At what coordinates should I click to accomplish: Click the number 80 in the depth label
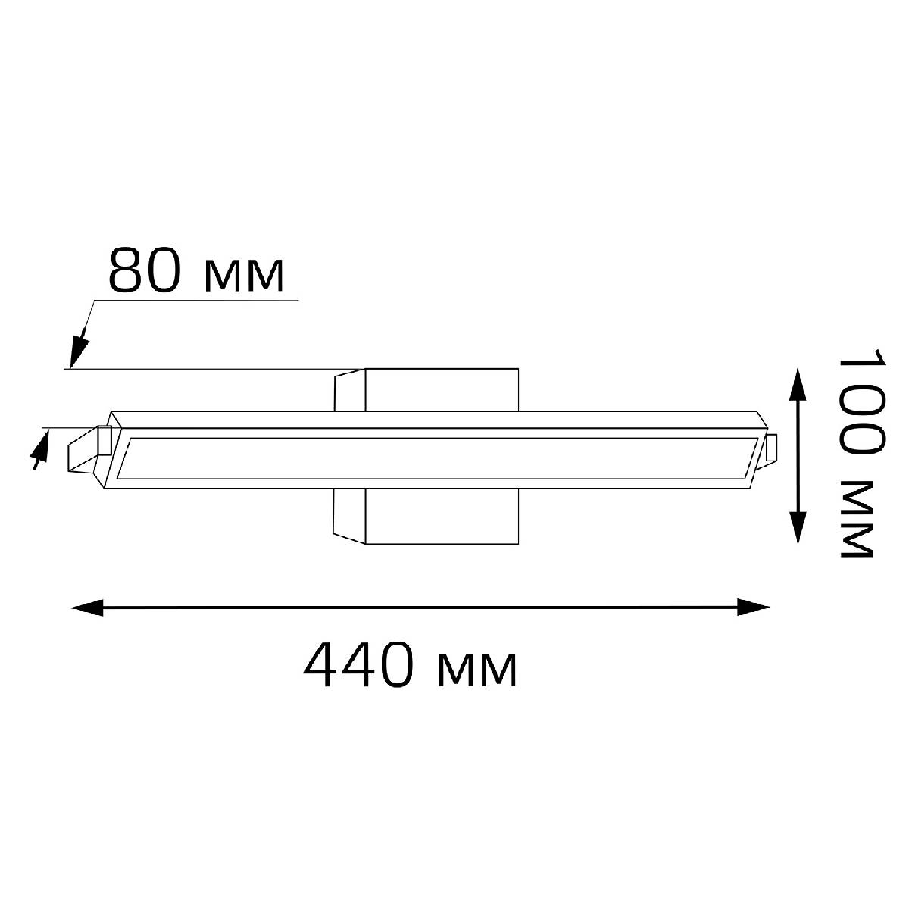[x=144, y=269]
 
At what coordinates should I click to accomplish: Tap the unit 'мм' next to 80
[x=245, y=276]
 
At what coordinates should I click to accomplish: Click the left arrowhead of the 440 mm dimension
[x=87, y=607]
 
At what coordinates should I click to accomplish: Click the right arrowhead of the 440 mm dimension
[x=753, y=607]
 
